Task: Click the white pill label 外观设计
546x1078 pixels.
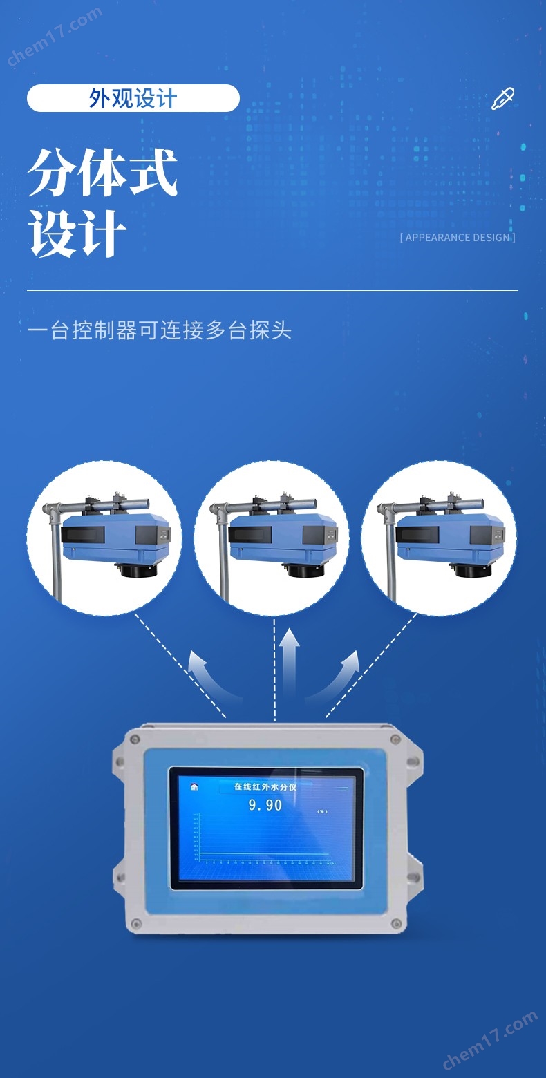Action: pyautogui.click(x=133, y=98)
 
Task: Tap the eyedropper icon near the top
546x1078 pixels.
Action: pyautogui.click(x=502, y=99)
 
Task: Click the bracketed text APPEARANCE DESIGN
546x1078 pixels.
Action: pyautogui.click(x=458, y=238)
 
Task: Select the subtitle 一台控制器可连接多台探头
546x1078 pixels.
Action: pyautogui.click(x=160, y=330)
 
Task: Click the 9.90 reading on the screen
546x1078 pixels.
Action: pyautogui.click(x=265, y=805)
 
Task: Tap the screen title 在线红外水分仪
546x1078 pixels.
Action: pyautogui.click(x=265, y=786)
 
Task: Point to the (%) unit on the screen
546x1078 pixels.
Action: pyautogui.click(x=321, y=811)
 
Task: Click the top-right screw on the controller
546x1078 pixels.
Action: pyautogui.click(x=395, y=739)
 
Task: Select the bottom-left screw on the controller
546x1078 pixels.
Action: pyautogui.click(x=136, y=923)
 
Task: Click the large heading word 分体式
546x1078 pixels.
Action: pyautogui.click(x=103, y=173)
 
